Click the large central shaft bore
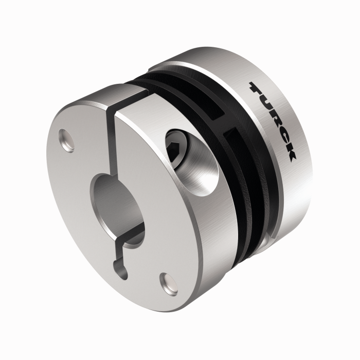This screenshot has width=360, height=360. pyautogui.click(x=111, y=201)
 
